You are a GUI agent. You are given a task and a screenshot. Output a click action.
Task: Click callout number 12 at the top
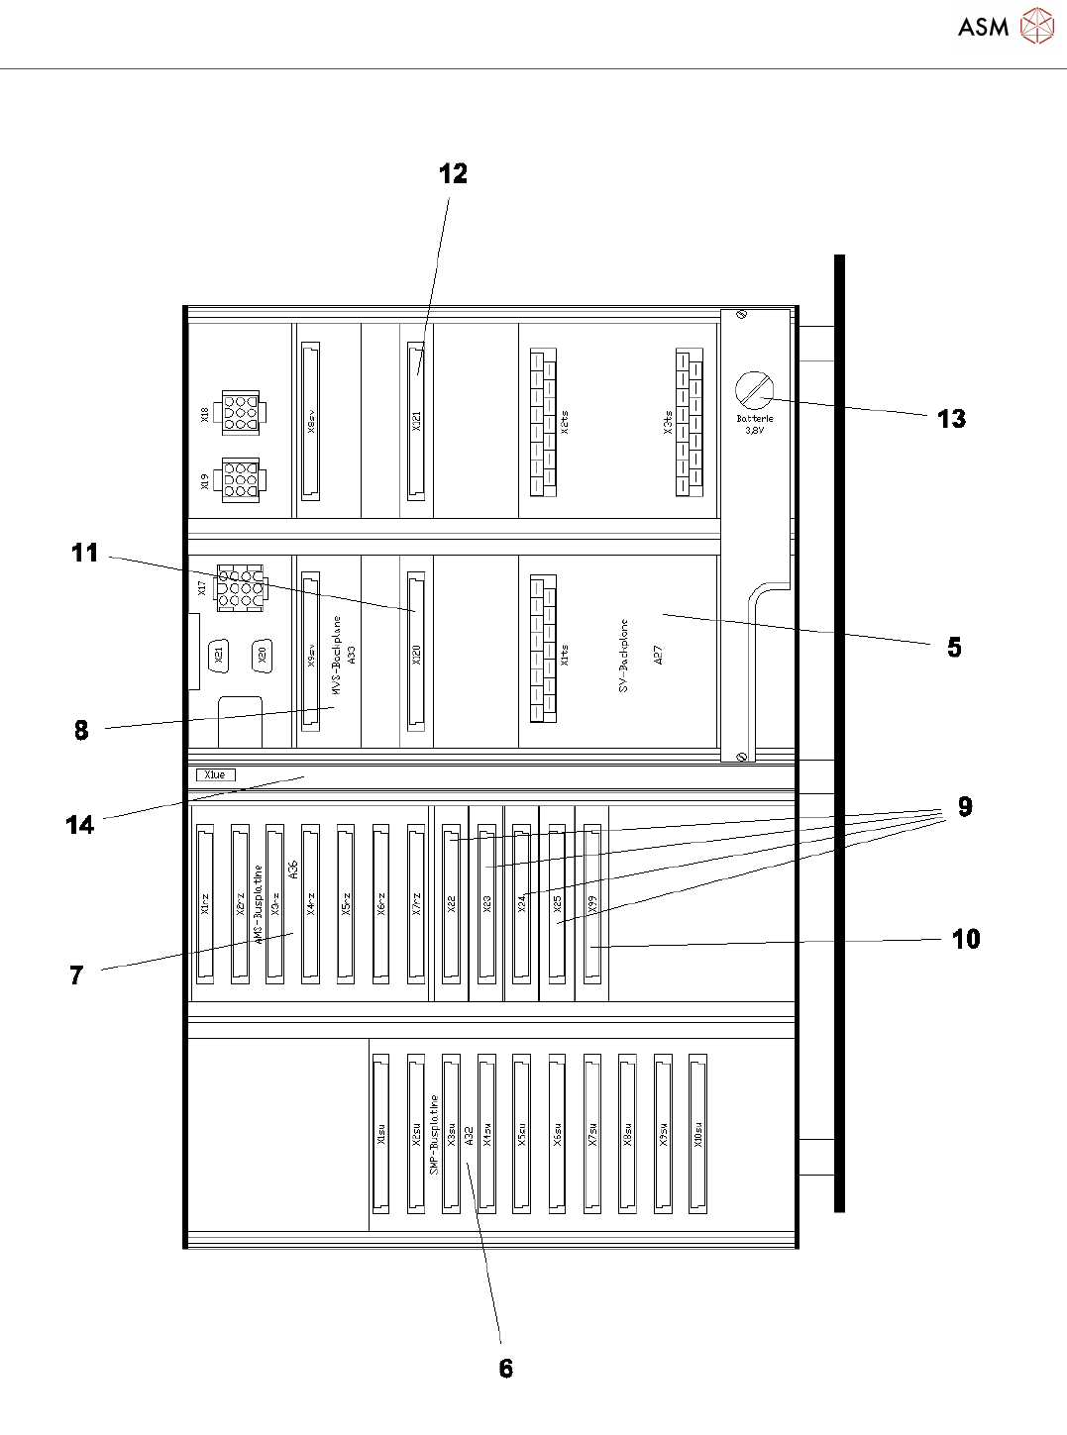coord(453,174)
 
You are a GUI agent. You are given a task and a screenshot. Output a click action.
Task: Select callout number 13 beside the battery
coord(951,419)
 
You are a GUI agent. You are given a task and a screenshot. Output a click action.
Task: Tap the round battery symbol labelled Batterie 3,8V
coord(754,390)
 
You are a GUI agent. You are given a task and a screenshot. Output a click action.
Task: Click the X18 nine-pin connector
coord(240,412)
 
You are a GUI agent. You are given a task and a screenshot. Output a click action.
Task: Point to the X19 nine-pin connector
coord(240,480)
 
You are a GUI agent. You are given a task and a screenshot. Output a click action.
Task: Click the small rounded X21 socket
coord(219,654)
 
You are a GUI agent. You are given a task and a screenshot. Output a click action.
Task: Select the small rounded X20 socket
coord(262,654)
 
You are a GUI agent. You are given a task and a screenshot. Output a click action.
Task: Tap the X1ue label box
coord(215,774)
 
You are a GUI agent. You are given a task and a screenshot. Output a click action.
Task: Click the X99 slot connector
coord(591,903)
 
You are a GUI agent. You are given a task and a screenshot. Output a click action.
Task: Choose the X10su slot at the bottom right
coord(697,1133)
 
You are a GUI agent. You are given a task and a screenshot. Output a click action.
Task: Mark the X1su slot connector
coord(380,1133)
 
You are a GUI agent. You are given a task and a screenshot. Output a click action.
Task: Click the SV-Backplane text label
coord(624,655)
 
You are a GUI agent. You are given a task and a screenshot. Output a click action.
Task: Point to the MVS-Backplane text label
coord(337,654)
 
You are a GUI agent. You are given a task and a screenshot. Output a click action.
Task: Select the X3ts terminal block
coord(690,422)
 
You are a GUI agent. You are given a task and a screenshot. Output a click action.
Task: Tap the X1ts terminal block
coord(543,648)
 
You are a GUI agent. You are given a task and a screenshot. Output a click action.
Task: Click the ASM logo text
coord(983,27)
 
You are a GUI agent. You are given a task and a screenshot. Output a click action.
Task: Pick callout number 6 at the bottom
coord(506,1369)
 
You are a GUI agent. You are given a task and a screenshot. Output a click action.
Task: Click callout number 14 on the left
coord(79,825)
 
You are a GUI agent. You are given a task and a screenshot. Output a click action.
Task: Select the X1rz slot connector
coord(205,903)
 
